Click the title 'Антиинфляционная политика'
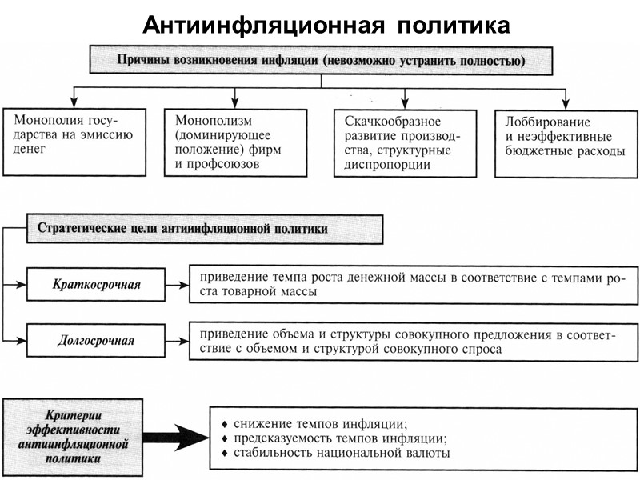(326, 26)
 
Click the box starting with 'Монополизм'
(235, 142)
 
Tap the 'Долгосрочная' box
(95, 341)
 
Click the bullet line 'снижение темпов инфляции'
(320, 423)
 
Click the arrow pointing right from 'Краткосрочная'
(177, 282)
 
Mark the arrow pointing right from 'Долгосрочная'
(177, 339)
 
